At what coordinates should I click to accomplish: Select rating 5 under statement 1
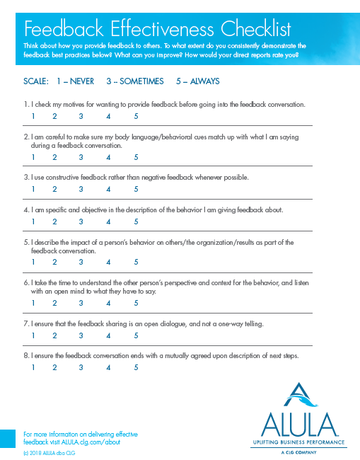136,117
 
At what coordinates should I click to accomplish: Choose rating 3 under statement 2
81,158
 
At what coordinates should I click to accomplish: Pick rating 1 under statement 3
33,189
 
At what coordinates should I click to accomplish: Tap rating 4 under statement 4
108,221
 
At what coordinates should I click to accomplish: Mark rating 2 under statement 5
54,262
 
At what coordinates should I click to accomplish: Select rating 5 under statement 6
136,303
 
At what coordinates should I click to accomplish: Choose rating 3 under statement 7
81,335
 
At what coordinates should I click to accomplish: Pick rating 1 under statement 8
33,367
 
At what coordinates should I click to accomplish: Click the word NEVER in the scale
82,81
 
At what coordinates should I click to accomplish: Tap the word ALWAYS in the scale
204,81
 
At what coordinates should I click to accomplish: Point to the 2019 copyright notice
49,452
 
